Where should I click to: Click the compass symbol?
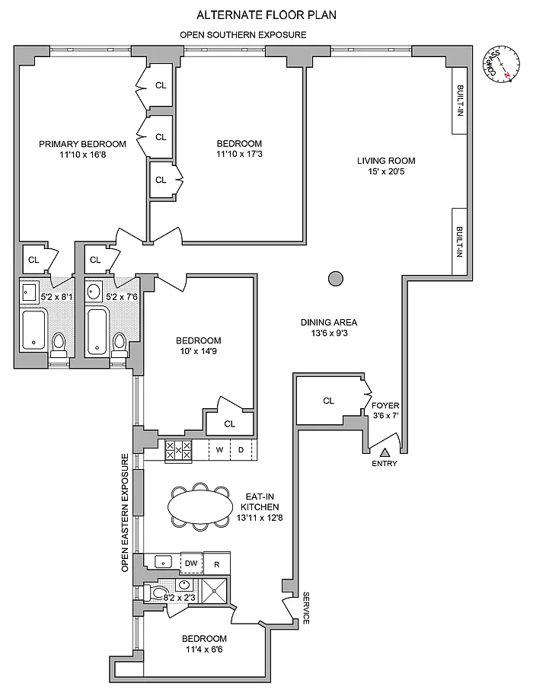(504, 65)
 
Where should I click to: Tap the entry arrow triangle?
(385, 452)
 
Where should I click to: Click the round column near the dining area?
(336, 279)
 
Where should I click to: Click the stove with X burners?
(178, 451)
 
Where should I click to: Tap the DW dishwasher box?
(191, 563)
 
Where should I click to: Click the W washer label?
(219, 450)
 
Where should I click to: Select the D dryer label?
(241, 450)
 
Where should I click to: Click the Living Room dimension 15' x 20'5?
(386, 171)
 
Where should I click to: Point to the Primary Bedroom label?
(82, 144)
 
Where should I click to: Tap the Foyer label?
(385, 405)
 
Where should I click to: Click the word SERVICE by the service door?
(306, 608)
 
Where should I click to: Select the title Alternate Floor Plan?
(266, 15)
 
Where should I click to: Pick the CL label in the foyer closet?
(328, 401)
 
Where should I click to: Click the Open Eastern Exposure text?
(125, 513)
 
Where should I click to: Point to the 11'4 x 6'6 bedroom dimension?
(204, 650)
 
